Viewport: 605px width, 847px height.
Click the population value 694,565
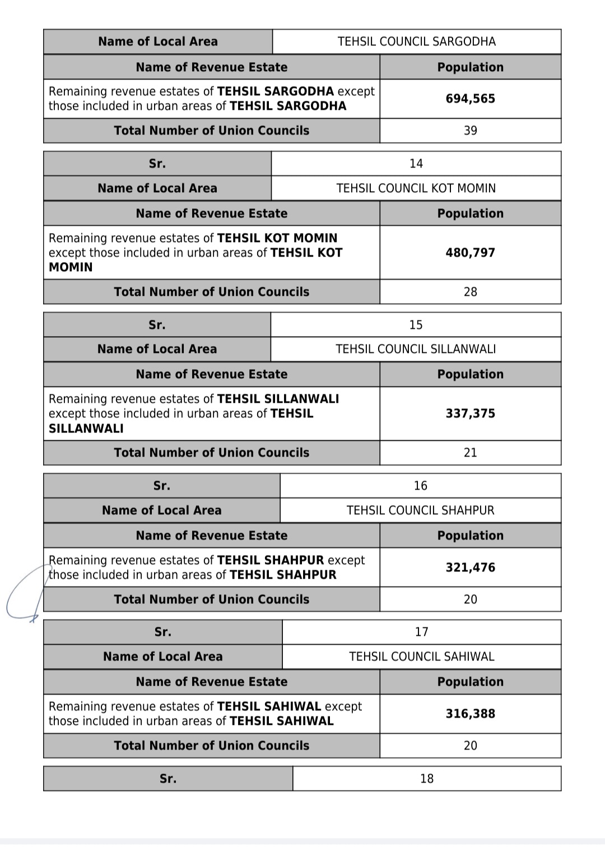click(x=470, y=99)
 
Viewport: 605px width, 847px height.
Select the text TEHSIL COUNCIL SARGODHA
click(x=416, y=41)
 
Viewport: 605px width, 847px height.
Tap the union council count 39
click(x=470, y=131)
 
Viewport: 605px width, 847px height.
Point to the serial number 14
click(x=416, y=164)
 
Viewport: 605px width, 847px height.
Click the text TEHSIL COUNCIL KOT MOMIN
click(x=416, y=188)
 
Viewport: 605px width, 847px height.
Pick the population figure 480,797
click(x=470, y=253)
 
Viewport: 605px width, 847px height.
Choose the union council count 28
click(x=470, y=292)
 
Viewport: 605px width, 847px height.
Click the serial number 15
click(x=416, y=325)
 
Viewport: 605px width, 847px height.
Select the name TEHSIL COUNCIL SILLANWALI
click(x=416, y=349)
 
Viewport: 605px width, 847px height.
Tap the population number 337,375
click(x=470, y=413)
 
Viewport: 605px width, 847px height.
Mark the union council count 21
click(x=470, y=453)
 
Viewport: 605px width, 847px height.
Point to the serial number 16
click(x=420, y=486)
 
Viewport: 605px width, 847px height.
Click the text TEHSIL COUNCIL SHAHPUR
click(x=420, y=510)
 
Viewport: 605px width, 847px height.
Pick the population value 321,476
click(x=470, y=567)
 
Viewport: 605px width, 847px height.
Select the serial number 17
click(x=421, y=632)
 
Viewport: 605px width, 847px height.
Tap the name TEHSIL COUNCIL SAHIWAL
click(x=421, y=657)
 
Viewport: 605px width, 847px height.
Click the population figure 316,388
click(x=470, y=714)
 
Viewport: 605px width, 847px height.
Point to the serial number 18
click(x=426, y=779)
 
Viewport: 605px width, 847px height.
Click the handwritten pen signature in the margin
click(x=25, y=594)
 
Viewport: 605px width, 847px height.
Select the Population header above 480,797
click(x=470, y=213)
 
